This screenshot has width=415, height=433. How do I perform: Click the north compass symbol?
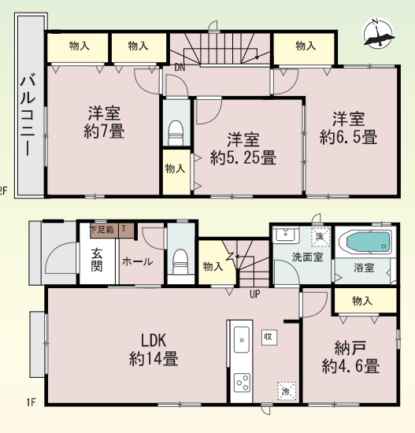[378, 33]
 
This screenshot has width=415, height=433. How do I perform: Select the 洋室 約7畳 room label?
[104, 121]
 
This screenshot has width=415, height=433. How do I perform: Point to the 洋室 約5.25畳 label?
[243, 149]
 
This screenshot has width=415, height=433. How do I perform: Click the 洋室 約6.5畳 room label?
[348, 128]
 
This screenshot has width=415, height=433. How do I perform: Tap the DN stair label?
[180, 68]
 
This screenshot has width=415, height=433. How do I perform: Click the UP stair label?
[254, 294]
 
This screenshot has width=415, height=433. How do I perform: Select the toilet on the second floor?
[176, 133]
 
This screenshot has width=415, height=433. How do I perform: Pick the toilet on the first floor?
[180, 262]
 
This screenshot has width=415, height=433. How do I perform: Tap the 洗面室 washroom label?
[307, 257]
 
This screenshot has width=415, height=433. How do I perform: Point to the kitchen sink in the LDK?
[242, 339]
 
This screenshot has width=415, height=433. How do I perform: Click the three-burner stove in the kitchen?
[242, 383]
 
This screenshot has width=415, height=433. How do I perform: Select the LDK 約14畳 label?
[154, 350]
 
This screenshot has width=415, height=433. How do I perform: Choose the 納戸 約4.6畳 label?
[350, 357]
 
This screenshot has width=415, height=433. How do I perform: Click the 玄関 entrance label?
[97, 260]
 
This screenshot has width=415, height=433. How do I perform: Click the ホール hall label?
[137, 261]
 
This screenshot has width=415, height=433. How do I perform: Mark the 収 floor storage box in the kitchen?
[269, 337]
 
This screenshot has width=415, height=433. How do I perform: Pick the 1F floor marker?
[31, 402]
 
